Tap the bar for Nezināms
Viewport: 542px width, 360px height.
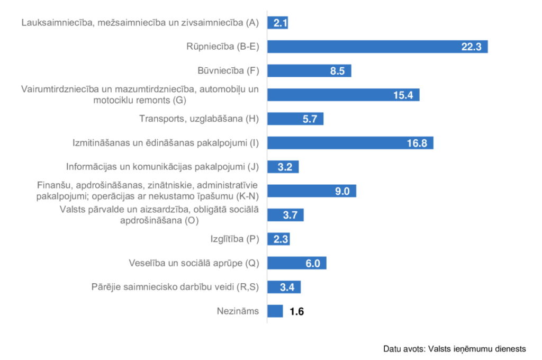275,311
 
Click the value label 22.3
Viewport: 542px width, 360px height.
471,47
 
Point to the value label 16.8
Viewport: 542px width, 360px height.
417,143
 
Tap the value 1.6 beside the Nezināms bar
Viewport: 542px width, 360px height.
296,311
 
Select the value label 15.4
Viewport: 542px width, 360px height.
403,95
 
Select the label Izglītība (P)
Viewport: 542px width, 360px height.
234,239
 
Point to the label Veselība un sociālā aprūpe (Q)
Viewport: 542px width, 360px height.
194,263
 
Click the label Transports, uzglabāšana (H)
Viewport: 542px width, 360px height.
199,119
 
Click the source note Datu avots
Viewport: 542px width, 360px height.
454,349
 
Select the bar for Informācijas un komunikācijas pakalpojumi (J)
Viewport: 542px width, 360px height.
283,167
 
